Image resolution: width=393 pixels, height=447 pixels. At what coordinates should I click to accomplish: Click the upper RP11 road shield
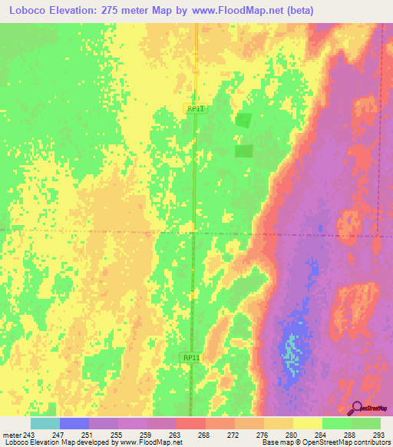point(196,109)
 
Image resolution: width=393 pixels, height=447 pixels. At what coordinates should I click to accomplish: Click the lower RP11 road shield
point(193,358)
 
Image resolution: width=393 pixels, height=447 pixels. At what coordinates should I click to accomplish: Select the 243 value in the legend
point(30,435)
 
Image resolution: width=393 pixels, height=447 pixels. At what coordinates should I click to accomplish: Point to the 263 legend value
point(175,435)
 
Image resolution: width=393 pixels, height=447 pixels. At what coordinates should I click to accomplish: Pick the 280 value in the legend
point(292,435)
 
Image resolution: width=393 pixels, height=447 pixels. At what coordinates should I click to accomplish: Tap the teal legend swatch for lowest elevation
point(45,423)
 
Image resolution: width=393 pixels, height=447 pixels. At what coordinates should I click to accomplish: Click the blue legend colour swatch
point(74,423)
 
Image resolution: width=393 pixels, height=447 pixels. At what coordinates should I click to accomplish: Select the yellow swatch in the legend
point(307,423)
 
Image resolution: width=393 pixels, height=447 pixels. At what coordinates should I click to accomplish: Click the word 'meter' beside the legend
point(11,435)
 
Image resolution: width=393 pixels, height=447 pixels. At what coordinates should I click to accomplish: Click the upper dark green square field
point(243,120)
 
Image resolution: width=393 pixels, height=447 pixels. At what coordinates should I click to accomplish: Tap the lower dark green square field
point(243,151)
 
